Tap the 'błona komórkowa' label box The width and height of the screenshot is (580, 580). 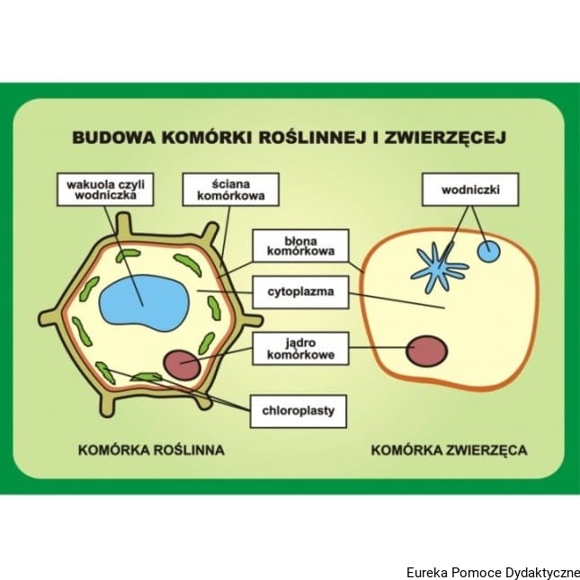[297, 245]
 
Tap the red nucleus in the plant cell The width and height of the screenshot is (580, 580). [183, 363]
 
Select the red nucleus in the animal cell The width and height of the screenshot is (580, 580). [427, 350]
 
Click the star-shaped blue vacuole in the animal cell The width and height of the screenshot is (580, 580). [439, 268]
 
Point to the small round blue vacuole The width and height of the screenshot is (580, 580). [487, 251]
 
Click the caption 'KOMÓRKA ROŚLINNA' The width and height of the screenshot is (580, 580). [151, 449]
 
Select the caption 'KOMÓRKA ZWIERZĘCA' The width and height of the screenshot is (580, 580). [449, 449]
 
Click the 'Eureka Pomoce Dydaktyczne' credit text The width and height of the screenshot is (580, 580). [492, 572]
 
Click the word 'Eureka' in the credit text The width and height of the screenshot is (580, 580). [425, 572]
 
